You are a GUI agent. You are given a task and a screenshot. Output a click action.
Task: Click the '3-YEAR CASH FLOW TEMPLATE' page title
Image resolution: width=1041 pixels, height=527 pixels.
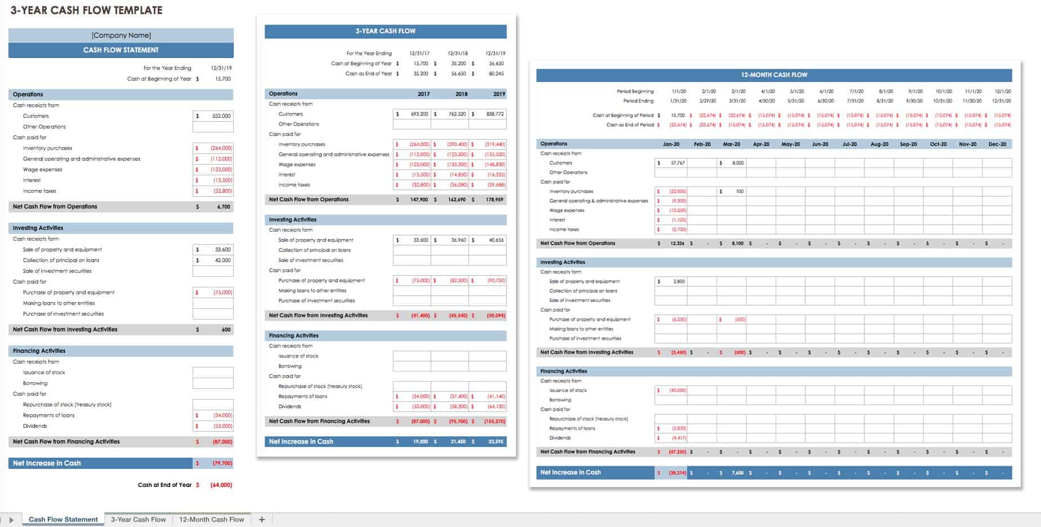87,10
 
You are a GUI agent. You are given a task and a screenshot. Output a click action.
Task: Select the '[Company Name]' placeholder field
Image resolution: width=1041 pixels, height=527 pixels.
121,36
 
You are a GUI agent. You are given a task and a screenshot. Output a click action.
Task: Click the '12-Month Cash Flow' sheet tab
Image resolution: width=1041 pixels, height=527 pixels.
211,520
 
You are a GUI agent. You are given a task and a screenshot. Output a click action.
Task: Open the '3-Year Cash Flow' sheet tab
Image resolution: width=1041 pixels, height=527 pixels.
138,520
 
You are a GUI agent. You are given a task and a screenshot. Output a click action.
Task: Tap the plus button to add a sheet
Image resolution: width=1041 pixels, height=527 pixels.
261,520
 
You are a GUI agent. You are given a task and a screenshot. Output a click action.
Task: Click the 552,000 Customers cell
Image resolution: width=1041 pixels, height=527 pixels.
213,116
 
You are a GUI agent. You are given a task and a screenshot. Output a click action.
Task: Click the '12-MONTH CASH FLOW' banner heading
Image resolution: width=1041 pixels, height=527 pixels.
774,75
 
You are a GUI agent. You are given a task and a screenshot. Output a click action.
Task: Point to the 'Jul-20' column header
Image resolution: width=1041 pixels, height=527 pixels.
849,144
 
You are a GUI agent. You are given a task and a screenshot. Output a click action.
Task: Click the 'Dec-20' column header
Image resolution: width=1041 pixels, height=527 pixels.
997,144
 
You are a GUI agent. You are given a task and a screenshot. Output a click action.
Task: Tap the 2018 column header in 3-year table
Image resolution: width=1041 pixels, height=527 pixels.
461,94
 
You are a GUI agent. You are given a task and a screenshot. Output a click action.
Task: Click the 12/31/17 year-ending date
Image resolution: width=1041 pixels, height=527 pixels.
420,54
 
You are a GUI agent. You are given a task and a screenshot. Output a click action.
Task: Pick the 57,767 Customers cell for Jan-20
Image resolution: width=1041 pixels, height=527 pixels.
671,163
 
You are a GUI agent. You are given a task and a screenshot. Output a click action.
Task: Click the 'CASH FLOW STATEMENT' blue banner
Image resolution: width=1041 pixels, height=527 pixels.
121,50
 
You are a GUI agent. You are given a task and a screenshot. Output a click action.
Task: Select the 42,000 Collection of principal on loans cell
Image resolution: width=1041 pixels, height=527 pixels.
213,260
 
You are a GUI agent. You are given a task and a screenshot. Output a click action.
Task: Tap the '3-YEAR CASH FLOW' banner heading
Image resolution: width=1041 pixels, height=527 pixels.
385,31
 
